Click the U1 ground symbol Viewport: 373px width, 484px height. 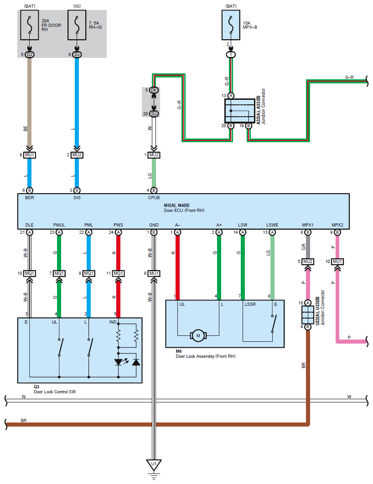[x=154, y=465]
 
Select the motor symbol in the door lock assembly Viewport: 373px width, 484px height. [x=198, y=336]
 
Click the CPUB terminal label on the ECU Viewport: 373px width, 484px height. [x=153, y=198]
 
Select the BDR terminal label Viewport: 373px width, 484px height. [x=29, y=198]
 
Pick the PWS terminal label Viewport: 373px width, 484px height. [x=119, y=225]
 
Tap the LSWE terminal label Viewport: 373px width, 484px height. [x=273, y=225]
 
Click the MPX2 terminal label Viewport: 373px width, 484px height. [x=337, y=225]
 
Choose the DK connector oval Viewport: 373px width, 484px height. [x=154, y=90]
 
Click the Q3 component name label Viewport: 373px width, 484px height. [x=36, y=386]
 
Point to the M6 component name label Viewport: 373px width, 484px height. [x=179, y=351]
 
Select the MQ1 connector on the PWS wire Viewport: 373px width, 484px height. [x=119, y=273]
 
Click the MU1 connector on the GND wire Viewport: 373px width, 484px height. [x=154, y=273]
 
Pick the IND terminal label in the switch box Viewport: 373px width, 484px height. [x=113, y=322]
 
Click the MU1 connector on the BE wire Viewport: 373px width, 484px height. [x=30, y=155]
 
